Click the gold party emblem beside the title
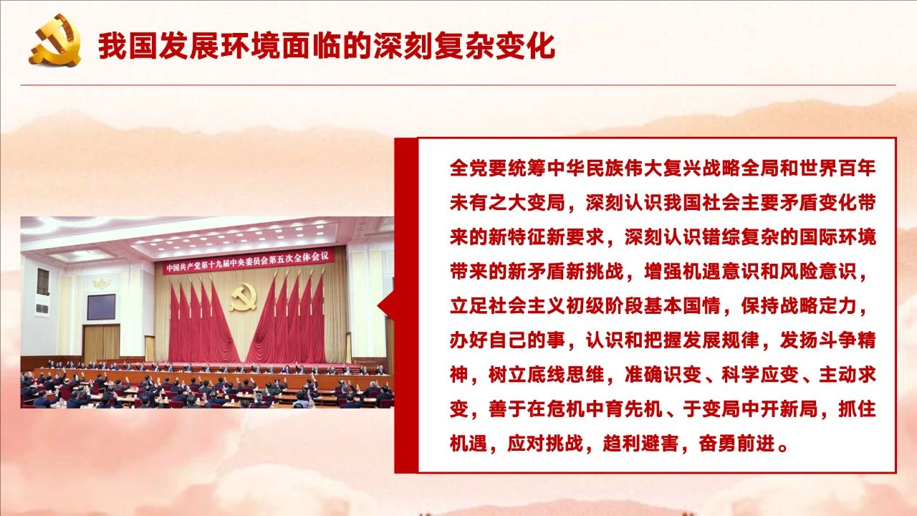[x=55, y=40]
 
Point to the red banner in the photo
[x=249, y=261]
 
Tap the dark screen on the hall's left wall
[x=101, y=307]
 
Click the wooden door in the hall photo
[x=101, y=343]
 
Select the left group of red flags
[x=201, y=322]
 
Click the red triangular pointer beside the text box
[x=386, y=305]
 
